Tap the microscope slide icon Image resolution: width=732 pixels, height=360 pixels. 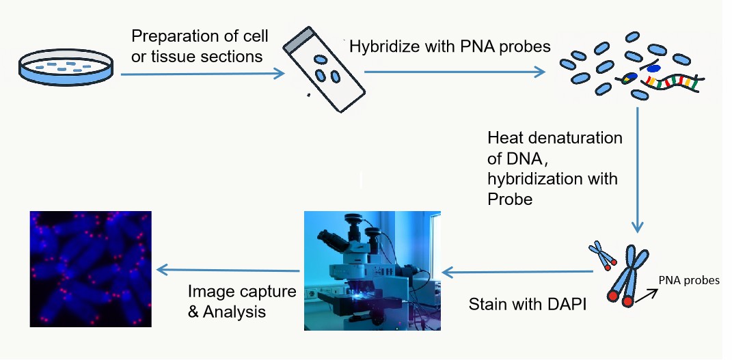point(323,70)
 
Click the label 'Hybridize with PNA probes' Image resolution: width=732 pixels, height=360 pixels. point(450,46)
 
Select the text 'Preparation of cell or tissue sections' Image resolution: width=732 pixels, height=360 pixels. point(200,46)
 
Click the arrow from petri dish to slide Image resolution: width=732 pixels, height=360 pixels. point(202,73)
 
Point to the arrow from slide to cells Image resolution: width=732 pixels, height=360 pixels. point(455,72)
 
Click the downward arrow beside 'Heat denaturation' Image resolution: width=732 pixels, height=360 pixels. point(637,170)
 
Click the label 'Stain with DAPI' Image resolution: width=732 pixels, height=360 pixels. point(526,304)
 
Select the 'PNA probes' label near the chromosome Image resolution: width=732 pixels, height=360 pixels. point(689,280)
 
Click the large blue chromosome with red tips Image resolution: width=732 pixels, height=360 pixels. point(627,276)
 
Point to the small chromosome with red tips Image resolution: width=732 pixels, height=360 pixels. point(601,255)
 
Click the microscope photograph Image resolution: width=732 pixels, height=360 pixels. point(372,271)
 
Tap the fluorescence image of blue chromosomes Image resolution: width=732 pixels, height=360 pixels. point(91,269)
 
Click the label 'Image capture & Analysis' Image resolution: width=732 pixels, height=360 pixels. point(242,301)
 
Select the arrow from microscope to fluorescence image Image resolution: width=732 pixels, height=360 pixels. point(228,270)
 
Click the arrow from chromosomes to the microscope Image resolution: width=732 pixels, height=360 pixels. point(517,272)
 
